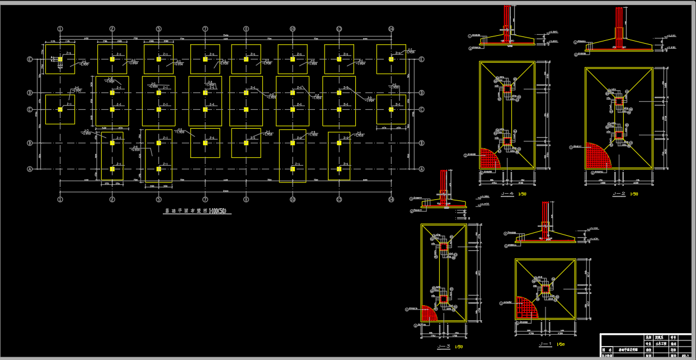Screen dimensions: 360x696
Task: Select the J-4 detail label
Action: point(507,194)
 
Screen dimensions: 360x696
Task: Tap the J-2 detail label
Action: point(619,194)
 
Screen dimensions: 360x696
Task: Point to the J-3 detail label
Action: point(444,347)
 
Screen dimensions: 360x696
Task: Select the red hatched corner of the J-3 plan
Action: point(429,313)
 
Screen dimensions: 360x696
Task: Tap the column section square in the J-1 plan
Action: point(545,289)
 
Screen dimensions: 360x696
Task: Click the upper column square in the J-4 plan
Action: point(507,88)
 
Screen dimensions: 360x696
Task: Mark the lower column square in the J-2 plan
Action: point(619,135)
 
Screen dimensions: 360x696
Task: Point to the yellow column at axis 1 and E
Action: point(60,59)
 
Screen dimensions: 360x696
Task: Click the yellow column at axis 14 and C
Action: point(391,109)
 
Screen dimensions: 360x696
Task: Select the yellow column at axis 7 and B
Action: point(205,143)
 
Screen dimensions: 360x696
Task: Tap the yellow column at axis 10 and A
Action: point(293,169)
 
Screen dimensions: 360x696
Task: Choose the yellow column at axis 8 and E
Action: point(246,59)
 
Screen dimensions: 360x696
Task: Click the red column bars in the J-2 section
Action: point(619,28)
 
